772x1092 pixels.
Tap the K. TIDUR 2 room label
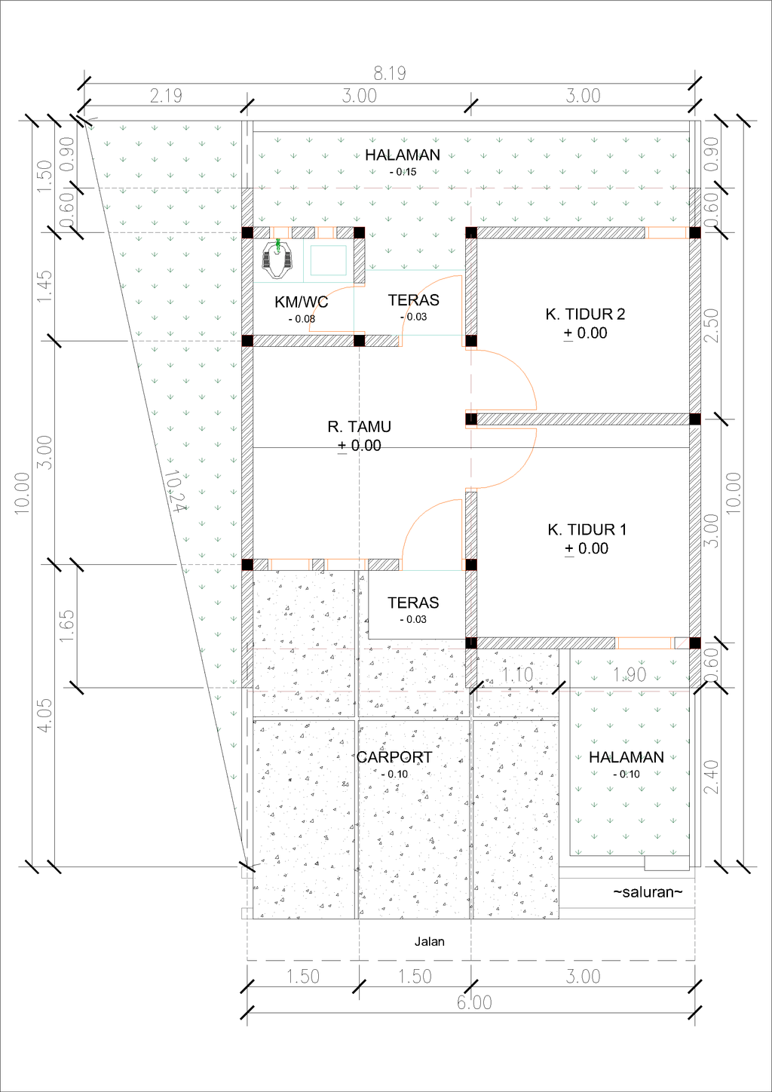tap(585, 314)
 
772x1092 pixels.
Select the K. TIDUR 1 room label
tap(587, 530)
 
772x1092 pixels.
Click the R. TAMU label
tap(359, 427)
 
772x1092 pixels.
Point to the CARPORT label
tap(394, 757)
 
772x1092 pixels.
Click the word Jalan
tap(429, 941)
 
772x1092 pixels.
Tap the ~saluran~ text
tap(648, 892)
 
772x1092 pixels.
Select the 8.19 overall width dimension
tap(390, 73)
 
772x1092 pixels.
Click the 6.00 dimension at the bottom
tap(474, 1002)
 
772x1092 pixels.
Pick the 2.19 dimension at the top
tap(166, 96)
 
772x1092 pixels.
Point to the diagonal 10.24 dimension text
tap(174, 492)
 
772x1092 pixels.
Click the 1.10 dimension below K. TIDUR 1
tap(517, 675)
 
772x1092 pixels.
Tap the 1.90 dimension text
tap(629, 675)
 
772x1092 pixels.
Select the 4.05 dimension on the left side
tap(44, 715)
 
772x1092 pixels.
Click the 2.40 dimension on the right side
tap(711, 777)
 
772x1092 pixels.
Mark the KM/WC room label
tap(301, 302)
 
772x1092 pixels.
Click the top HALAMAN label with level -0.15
tap(403, 155)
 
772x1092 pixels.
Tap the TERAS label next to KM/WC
tap(413, 300)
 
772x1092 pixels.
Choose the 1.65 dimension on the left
tap(66, 625)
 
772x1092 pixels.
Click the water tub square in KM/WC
tap(329, 259)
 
